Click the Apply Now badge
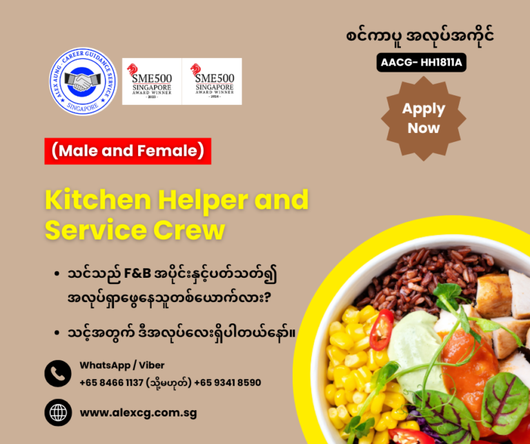tap(424, 118)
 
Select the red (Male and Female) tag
tap(128, 151)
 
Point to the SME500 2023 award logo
tap(152, 81)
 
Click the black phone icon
tap(58, 374)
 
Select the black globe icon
tap(58, 412)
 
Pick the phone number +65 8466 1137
tap(111, 383)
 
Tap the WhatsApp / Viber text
tap(122, 365)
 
